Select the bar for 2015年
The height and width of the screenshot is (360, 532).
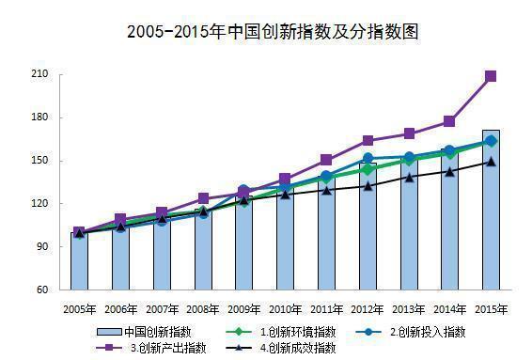[491, 216]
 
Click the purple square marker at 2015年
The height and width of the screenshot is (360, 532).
[491, 76]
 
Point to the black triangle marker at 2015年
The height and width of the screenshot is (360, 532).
[491, 162]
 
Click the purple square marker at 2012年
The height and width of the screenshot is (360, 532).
[368, 141]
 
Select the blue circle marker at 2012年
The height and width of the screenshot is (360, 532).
[368, 158]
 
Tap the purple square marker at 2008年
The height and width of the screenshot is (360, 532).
[203, 198]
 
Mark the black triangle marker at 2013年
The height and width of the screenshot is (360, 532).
[409, 177]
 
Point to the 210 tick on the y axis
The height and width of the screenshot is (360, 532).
[40, 74]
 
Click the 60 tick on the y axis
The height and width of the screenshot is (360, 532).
[43, 290]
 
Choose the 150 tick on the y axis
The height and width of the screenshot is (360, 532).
[40, 161]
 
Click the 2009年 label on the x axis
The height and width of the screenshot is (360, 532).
[243, 308]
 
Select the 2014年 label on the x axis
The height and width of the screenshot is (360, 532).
[449, 308]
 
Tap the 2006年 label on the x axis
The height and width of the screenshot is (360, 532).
[120, 308]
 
